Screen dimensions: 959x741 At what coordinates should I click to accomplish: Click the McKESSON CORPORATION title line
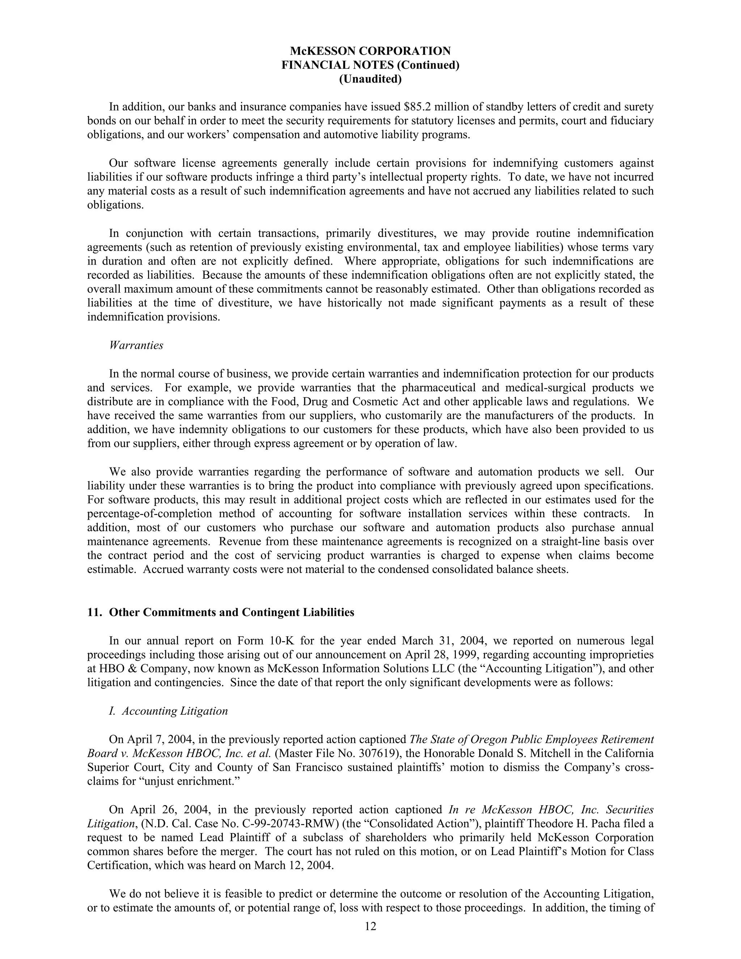[x=370, y=51]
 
